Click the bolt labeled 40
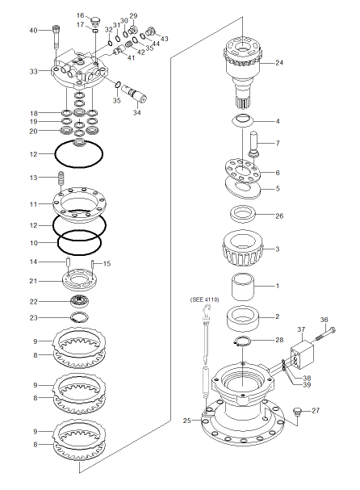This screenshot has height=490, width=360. point(57,36)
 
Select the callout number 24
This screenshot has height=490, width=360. point(279,63)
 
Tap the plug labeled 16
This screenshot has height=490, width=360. point(94,21)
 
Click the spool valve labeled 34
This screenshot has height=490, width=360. point(134,93)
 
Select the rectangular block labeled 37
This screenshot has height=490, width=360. point(302,354)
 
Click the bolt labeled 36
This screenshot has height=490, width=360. point(324,333)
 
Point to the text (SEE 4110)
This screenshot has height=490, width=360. point(204,299)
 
